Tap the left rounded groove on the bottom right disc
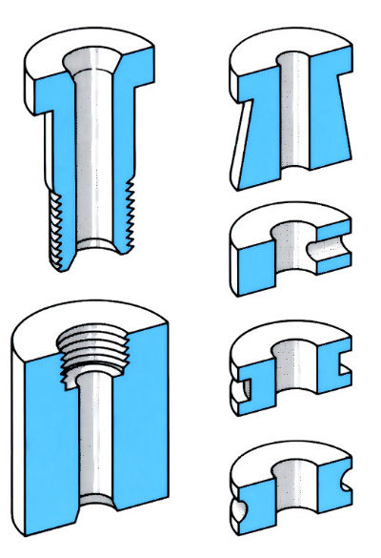click(238, 496)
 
